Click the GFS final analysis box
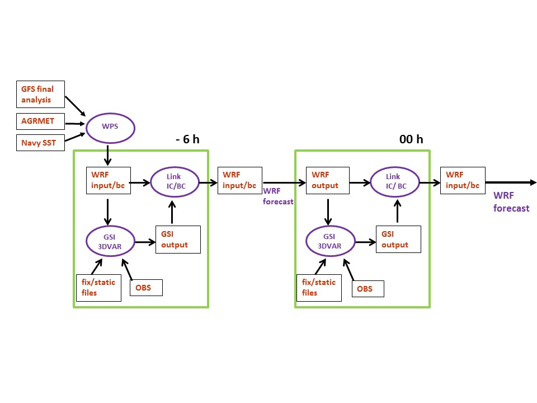[40, 95]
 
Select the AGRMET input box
[40, 121]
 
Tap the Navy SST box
[40, 143]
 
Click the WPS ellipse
[110, 128]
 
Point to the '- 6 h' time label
[187, 139]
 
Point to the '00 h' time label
[411, 139]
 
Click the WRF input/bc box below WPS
[108, 180]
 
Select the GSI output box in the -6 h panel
[178, 240]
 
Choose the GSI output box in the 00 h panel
[398, 240]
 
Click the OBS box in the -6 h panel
[147, 288]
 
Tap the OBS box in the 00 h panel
[368, 288]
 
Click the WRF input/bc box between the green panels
[240, 180]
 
